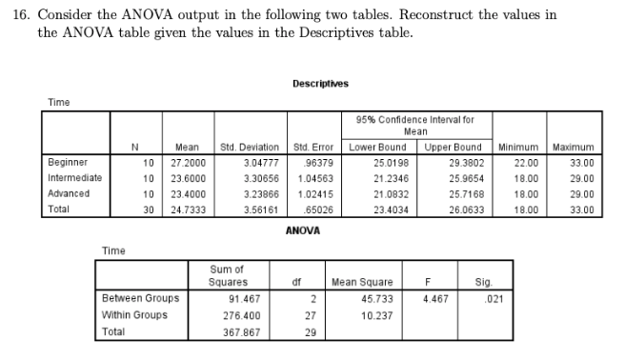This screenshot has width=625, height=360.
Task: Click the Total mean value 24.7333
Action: [x=186, y=208]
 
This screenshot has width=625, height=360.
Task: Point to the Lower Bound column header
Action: [x=378, y=147]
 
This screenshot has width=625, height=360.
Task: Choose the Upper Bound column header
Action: [x=453, y=147]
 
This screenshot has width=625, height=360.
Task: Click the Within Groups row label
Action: [x=134, y=314]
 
